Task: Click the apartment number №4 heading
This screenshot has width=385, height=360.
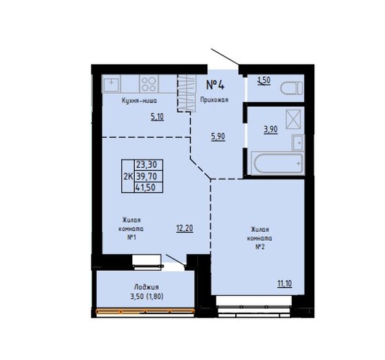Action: [x=215, y=85]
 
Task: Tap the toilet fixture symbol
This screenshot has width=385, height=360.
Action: [x=292, y=88]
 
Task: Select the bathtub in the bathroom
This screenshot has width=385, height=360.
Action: [x=278, y=163]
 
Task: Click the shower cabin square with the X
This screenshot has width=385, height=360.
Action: [x=294, y=119]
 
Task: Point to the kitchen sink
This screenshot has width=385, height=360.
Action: [x=111, y=84]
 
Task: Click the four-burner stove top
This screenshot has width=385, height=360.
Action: [x=149, y=84]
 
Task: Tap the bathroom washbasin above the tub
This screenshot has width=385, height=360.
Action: [x=298, y=142]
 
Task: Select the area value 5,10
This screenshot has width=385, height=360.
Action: [x=157, y=117]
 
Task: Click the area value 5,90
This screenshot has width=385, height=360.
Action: [x=218, y=137]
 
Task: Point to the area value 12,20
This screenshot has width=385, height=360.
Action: [x=185, y=229]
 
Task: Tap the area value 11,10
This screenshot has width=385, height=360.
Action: [x=285, y=284]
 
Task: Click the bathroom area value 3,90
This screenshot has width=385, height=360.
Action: [x=271, y=129]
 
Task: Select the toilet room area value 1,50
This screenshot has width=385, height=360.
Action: [x=264, y=80]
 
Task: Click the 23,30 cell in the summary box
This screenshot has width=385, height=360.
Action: [x=148, y=164]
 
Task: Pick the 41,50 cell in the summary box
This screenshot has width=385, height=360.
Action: [x=148, y=188]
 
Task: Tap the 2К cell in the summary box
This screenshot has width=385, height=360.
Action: [x=128, y=176]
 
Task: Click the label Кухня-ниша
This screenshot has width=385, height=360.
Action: [x=139, y=100]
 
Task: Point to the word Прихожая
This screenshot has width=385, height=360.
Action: [x=214, y=100]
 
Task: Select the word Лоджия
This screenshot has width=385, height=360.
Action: [x=146, y=287]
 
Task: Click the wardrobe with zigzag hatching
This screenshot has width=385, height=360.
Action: [x=187, y=93]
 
